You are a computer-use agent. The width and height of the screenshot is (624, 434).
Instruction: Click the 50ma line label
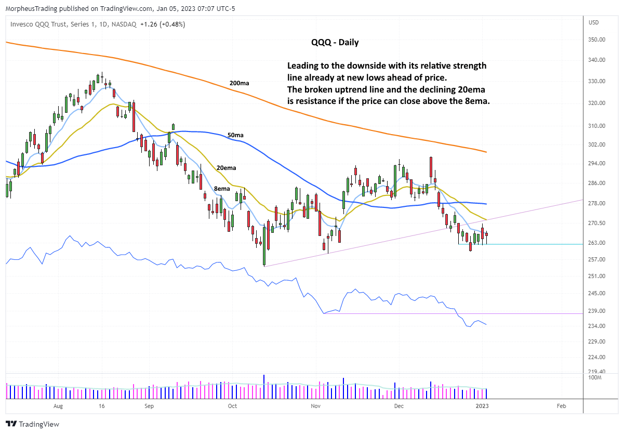235,135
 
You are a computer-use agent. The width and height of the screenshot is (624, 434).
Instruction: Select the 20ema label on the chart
226,168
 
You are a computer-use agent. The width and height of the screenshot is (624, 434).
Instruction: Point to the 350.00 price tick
596,40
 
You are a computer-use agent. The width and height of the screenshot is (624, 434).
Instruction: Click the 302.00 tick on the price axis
596,144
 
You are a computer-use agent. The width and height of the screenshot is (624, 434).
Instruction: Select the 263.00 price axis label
596,243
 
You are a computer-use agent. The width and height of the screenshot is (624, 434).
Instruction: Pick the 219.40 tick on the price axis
596,372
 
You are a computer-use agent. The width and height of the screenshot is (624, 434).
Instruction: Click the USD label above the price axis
593,23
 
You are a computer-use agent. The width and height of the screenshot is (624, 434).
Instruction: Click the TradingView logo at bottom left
32,424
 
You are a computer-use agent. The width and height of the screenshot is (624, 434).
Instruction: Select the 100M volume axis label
595,378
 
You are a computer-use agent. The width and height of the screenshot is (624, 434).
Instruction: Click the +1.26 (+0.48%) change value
163,24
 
